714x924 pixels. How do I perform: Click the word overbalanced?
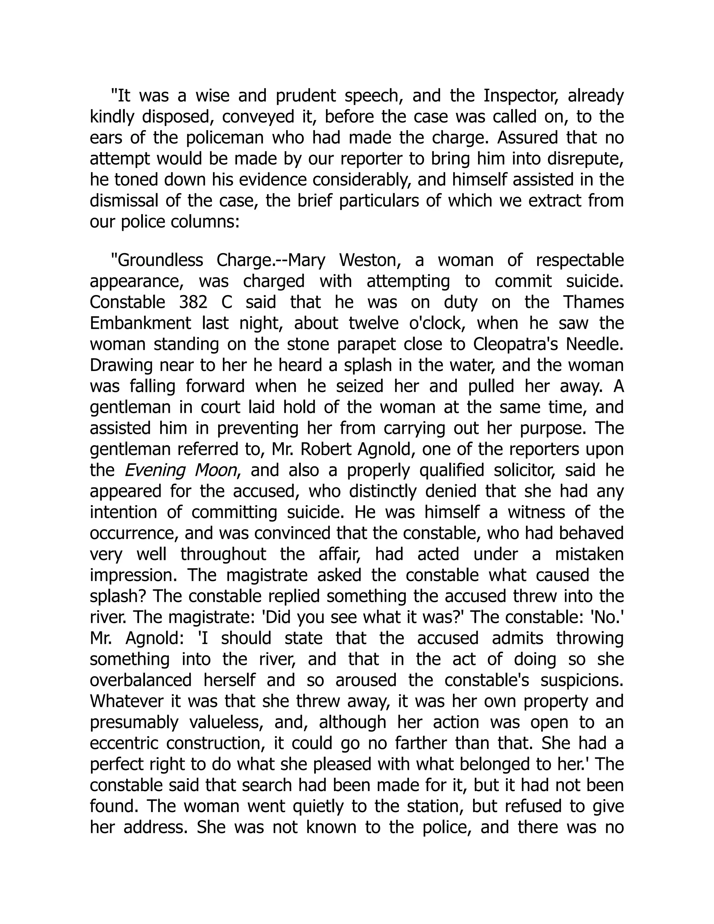(x=140, y=681)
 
